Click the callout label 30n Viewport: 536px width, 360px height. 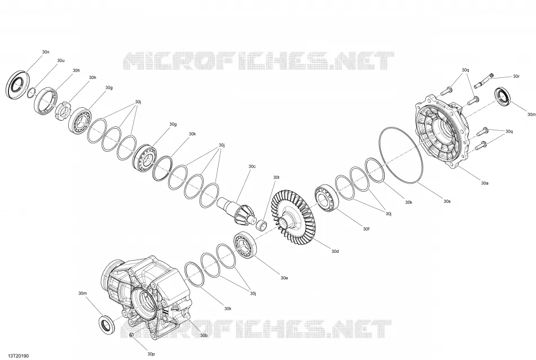point(46,52)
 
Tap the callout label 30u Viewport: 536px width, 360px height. point(60,60)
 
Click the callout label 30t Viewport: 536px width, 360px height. point(276,177)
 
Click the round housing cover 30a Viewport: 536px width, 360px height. point(441,132)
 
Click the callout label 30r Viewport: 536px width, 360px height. point(516,76)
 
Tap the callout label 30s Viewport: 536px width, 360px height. point(447,201)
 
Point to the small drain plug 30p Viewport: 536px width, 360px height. point(131,335)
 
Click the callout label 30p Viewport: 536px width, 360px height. point(151,354)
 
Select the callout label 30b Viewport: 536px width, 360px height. point(204,335)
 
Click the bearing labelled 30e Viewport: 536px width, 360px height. point(245,244)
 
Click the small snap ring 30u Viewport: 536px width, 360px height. point(32,92)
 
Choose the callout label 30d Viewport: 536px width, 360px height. point(335,251)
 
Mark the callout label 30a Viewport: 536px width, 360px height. point(485,183)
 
